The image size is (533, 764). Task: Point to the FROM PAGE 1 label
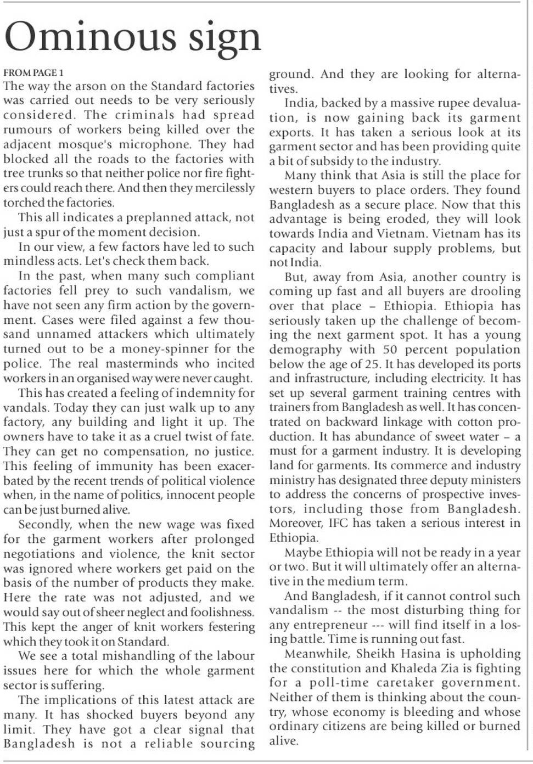(33, 72)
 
